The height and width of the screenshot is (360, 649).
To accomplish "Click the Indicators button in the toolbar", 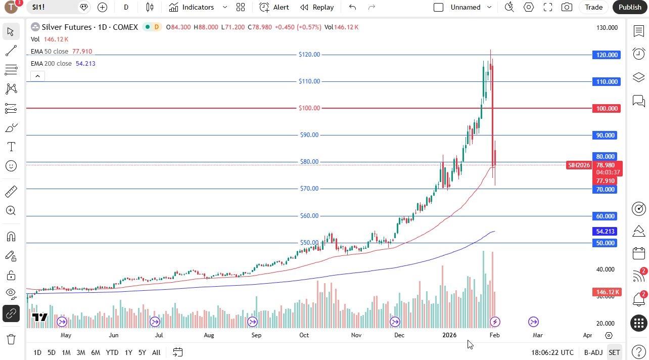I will (x=192, y=7).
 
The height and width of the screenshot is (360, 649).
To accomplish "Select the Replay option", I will (x=317, y=7).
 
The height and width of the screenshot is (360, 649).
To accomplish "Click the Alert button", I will (x=274, y=7).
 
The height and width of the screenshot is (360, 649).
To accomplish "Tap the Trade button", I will (x=593, y=7).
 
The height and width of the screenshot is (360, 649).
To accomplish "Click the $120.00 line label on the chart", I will (x=309, y=55).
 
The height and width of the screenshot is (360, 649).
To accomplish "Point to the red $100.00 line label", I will (x=309, y=108).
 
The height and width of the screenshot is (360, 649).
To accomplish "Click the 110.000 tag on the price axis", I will (x=606, y=82).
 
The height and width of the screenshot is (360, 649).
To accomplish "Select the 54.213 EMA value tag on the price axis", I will (x=605, y=232).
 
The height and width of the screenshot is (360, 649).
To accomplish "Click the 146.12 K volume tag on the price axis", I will (x=606, y=292).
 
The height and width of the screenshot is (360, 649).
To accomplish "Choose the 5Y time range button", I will (x=142, y=352).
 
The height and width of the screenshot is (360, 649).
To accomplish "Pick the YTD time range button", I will (x=112, y=352).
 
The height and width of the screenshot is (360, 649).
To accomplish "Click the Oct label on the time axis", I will (x=304, y=335).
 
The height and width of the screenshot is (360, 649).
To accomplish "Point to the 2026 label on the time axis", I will (x=449, y=335).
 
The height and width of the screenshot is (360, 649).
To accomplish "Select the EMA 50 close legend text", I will (x=49, y=52).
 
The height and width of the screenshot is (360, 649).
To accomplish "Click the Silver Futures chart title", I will (x=89, y=27).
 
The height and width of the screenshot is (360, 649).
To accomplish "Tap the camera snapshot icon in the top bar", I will (x=567, y=7).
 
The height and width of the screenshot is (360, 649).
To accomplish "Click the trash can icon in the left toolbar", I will (x=11, y=339).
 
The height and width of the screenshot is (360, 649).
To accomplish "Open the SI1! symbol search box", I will (x=51, y=7).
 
